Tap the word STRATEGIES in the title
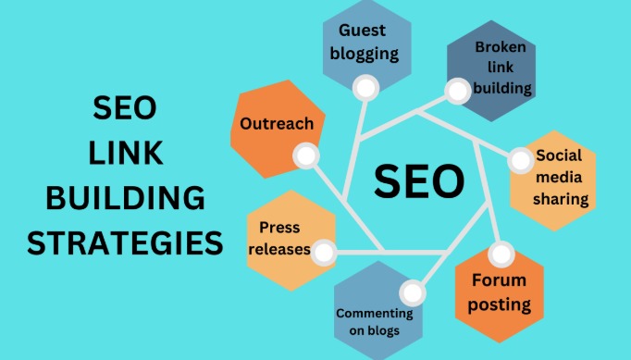click(125, 244)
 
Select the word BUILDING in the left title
click(125, 199)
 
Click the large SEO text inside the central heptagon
click(417, 181)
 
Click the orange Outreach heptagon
click(277, 125)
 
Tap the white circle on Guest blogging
click(366, 89)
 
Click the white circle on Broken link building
click(457, 91)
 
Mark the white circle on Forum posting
click(501, 253)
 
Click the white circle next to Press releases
click(323, 251)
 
